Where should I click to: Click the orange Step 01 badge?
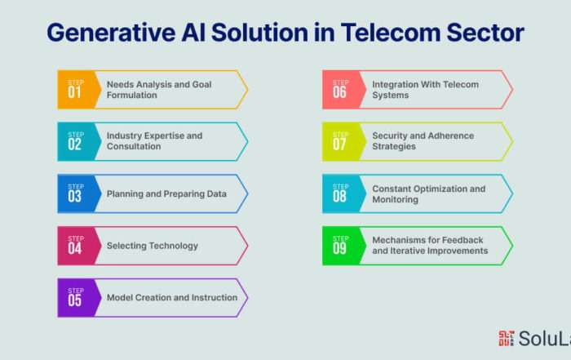[x=78, y=90]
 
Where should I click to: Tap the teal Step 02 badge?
[x=78, y=142]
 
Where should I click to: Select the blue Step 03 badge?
[x=78, y=193]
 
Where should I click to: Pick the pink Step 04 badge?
[x=78, y=246]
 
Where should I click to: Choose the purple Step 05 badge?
[x=78, y=298]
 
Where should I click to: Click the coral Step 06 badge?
[x=343, y=90]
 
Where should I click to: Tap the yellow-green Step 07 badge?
[x=343, y=142]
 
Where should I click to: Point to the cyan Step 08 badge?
[x=343, y=193]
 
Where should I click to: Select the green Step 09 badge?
[x=343, y=246]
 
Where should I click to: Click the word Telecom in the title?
[x=391, y=33]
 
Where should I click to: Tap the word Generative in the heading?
[x=111, y=33]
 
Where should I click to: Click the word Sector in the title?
[x=485, y=33]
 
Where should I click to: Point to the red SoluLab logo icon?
[x=507, y=338]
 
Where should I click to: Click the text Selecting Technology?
[x=153, y=246]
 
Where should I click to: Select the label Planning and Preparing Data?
[x=166, y=193]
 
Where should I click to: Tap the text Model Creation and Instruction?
[x=172, y=298]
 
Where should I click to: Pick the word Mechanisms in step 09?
[x=398, y=240]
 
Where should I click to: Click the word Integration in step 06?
[x=395, y=85]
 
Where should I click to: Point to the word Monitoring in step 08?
[x=395, y=200]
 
